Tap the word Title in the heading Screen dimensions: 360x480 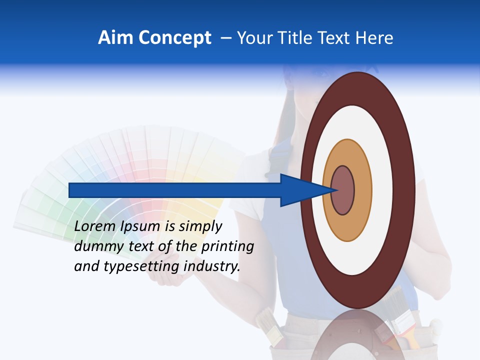tap(295, 38)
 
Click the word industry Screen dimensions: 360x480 tap(212, 266)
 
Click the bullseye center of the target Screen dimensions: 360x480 tap(343, 190)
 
